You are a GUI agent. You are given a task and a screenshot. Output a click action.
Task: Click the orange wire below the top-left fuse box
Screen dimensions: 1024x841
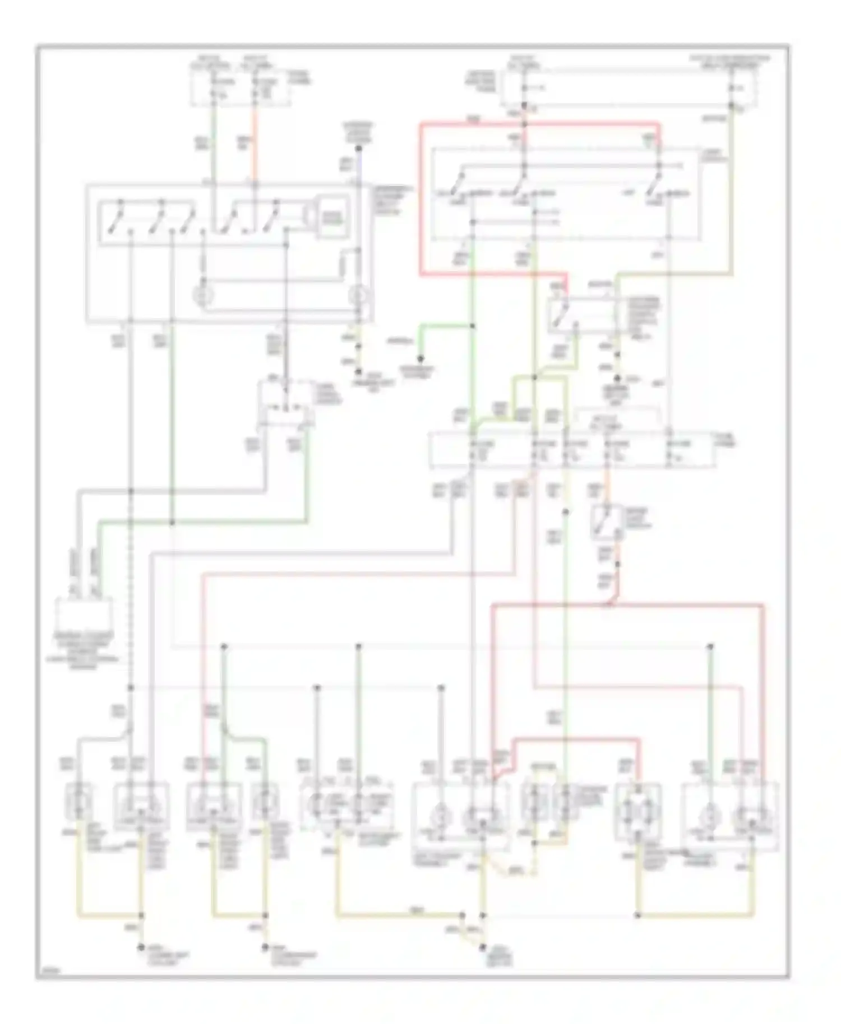[x=255, y=143]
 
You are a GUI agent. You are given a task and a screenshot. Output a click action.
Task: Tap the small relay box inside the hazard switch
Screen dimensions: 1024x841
[x=333, y=217]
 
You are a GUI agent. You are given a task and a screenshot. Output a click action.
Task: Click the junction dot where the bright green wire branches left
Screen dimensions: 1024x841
[x=473, y=326]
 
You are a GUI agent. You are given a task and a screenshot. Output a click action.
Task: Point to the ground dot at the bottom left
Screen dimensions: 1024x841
[x=141, y=948]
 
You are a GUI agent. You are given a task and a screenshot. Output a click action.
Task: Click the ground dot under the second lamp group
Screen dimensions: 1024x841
[x=265, y=948]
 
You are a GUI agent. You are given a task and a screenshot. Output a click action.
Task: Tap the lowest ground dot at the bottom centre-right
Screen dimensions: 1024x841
[x=482, y=947]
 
